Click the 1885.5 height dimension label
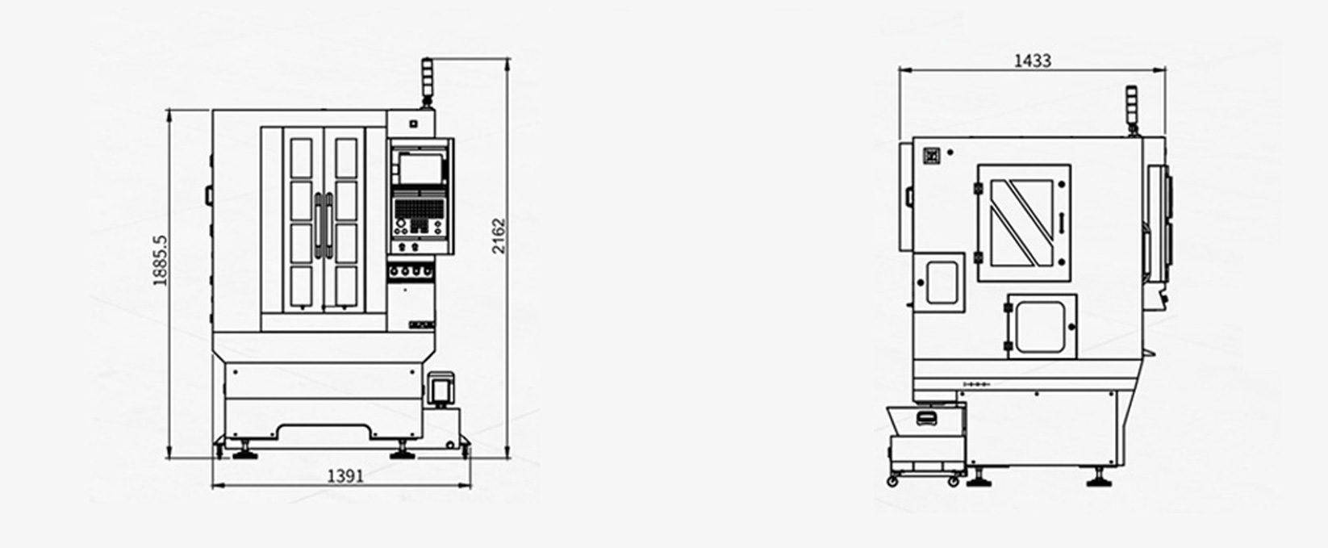pyautogui.click(x=161, y=261)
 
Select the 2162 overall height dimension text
pyautogui.click(x=499, y=236)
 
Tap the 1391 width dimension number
pyautogui.click(x=345, y=475)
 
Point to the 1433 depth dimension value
pyautogui.click(x=1032, y=61)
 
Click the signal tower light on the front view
pyautogui.click(x=427, y=82)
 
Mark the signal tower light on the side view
pyautogui.click(x=1133, y=111)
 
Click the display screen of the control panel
pyautogui.click(x=421, y=169)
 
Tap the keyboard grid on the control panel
pyautogui.click(x=420, y=208)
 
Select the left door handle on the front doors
pyautogui.click(x=319, y=225)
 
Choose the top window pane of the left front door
pyautogui.click(x=301, y=157)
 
